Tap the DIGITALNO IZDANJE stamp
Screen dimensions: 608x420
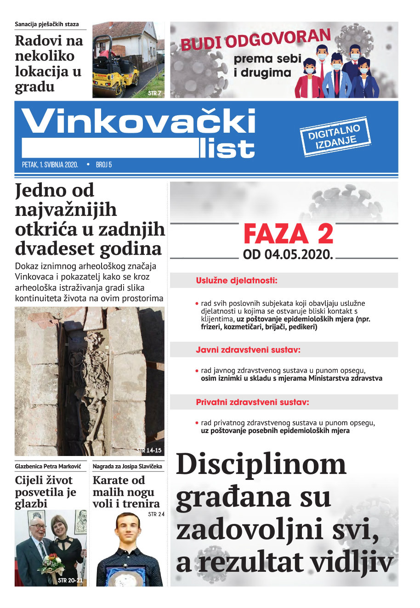(x=335, y=137)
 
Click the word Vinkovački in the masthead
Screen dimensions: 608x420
(x=138, y=122)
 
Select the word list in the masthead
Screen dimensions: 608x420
(x=227, y=148)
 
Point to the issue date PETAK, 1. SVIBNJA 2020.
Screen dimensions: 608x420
(x=50, y=164)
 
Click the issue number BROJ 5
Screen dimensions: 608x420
(x=104, y=164)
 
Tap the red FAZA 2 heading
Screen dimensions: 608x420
(x=288, y=234)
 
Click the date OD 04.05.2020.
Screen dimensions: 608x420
(x=288, y=254)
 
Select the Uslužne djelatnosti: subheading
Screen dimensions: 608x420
(x=237, y=280)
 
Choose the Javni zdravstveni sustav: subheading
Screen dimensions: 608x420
(x=248, y=350)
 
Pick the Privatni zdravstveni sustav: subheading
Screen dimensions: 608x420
(x=252, y=402)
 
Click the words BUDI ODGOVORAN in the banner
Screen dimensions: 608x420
(x=255, y=40)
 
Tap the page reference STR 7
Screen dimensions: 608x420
(x=154, y=93)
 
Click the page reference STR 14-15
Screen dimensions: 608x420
(x=149, y=450)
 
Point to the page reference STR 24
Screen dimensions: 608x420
(x=156, y=514)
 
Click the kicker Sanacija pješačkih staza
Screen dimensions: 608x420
(x=46, y=24)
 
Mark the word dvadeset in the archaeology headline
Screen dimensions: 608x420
(x=51, y=248)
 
